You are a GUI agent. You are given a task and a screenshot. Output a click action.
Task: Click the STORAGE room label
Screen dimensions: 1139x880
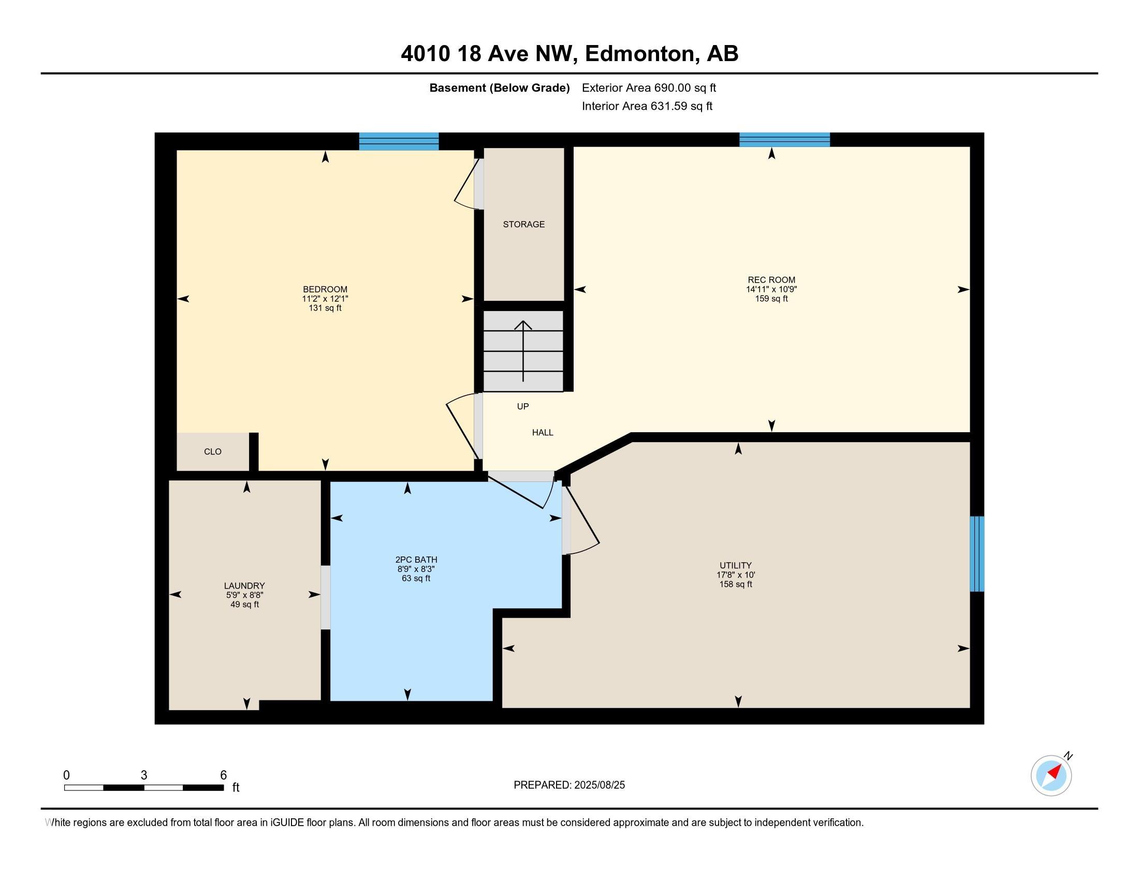[523, 224]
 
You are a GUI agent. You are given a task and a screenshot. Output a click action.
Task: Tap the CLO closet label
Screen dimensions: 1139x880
[213, 451]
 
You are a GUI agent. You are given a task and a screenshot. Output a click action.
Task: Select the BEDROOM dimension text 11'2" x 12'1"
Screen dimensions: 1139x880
[325, 299]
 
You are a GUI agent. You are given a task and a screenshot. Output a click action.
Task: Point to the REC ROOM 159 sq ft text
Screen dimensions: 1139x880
[771, 299]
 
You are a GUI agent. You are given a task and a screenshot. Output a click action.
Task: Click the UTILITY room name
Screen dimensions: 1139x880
[735, 565]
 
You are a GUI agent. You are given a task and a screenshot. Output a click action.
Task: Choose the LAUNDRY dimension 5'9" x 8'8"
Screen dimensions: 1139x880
[244, 595]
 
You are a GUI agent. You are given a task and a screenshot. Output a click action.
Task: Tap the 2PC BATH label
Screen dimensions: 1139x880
[416, 560]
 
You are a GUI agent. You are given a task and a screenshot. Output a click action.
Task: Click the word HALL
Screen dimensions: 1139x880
[543, 432]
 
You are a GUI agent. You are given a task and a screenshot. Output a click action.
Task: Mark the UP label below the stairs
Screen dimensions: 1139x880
[522, 406]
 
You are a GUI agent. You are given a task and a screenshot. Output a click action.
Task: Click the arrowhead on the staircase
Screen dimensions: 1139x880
[523, 325]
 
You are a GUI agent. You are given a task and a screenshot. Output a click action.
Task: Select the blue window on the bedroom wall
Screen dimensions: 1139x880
[399, 141]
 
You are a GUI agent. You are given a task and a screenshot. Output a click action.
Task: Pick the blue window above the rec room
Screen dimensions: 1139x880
[784, 140]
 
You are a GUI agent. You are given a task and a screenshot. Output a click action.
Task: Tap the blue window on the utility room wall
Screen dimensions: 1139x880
[977, 554]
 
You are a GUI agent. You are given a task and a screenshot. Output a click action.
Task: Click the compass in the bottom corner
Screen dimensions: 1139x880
[1052, 775]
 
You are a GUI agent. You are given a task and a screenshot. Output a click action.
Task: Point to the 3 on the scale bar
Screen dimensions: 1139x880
[144, 775]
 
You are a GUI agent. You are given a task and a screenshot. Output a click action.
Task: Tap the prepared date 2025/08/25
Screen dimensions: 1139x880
[600, 785]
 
